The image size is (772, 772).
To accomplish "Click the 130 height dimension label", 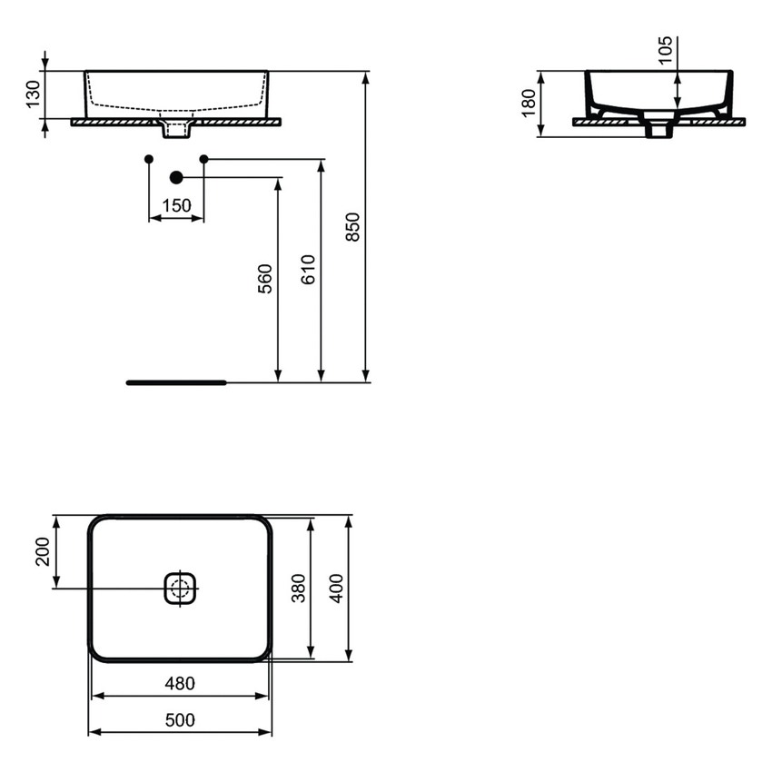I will pyautogui.click(x=32, y=94).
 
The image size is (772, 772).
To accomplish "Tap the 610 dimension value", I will pyautogui.click(x=308, y=271).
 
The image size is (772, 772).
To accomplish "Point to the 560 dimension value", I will pyautogui.click(x=264, y=279).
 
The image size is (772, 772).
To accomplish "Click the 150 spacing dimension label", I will pyautogui.click(x=176, y=205).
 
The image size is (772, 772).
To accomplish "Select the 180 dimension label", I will pyautogui.click(x=528, y=104).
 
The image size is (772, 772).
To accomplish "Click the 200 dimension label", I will pyautogui.click(x=43, y=551).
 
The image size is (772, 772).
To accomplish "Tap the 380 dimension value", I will pyautogui.click(x=299, y=589).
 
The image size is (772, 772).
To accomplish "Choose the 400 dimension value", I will pyautogui.click(x=337, y=589).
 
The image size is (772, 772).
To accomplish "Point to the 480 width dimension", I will pyautogui.click(x=179, y=683).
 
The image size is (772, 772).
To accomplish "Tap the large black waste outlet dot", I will pyautogui.click(x=176, y=177).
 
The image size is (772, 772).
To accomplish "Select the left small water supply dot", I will pyautogui.click(x=149, y=159).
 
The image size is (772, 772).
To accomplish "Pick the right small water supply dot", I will pyautogui.click(x=203, y=159).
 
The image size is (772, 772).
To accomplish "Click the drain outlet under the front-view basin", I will pyautogui.click(x=176, y=131).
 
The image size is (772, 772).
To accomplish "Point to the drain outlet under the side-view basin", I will pyautogui.click(x=659, y=130).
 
